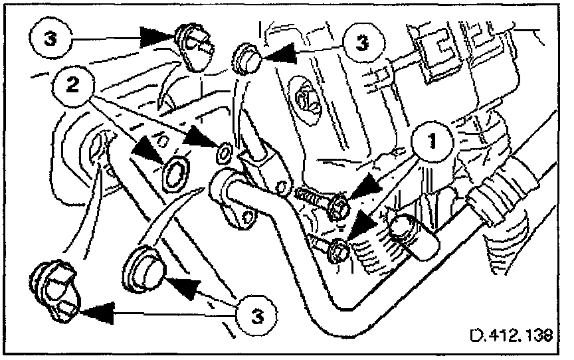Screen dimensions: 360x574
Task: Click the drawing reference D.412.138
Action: point(511,335)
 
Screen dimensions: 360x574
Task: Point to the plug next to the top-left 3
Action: point(193,46)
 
